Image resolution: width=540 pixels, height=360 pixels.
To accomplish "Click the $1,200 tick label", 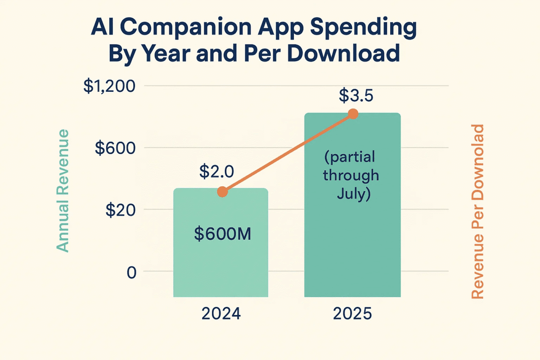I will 109,86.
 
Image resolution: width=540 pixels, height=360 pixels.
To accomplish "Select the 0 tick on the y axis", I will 131,272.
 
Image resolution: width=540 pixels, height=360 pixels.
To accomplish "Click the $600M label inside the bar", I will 220,235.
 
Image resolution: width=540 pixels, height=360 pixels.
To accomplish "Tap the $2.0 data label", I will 216,171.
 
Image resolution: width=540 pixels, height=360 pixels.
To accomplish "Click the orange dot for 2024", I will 222,192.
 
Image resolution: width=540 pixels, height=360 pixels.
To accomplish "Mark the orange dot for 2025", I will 353,114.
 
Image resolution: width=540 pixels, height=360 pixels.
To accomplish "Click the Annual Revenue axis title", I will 63,190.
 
